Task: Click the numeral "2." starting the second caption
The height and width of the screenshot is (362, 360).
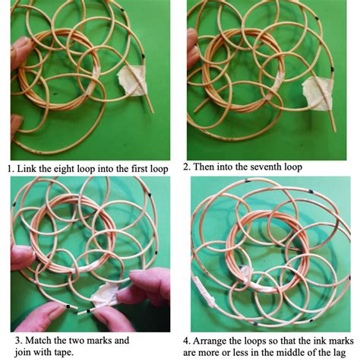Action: (187, 167)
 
